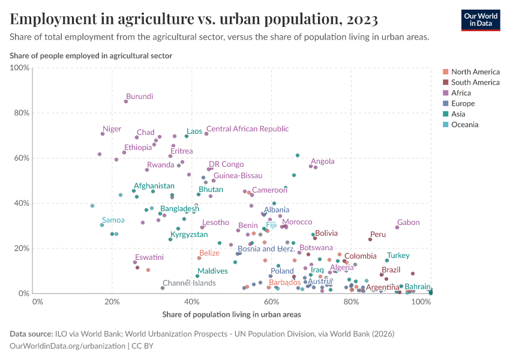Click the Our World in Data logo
pyautogui.click(x=480, y=20)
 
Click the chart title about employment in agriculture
pyautogui.click(x=194, y=19)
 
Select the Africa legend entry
pyautogui.click(x=461, y=93)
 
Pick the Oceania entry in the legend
pyautogui.click(x=464, y=125)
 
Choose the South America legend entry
pyautogui.click(x=475, y=82)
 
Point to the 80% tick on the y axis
pyautogui.click(x=20, y=113)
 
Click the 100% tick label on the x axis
pyautogui.click(x=422, y=302)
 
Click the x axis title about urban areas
pyautogui.click(x=231, y=314)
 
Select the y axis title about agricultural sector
pyautogui.click(x=91, y=56)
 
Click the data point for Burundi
pyautogui.click(x=126, y=101)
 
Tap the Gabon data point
pyautogui.click(x=397, y=227)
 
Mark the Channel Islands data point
pyautogui.click(x=163, y=288)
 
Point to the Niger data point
pyautogui.click(x=103, y=134)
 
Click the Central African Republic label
pyautogui.click(x=247, y=129)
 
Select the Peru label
pyautogui.click(x=378, y=235)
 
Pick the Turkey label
pyautogui.click(x=398, y=256)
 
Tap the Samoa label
pyautogui.click(x=113, y=220)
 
